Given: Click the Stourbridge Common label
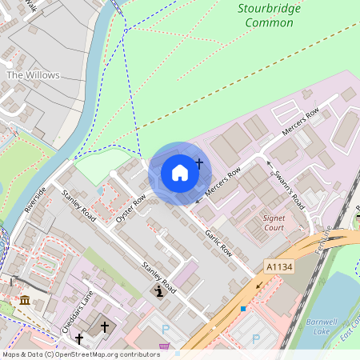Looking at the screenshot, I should (266, 16).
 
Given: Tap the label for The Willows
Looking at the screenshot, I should (33, 75).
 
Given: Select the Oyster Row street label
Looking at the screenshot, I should (130, 206).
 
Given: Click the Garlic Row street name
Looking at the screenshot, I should (218, 240).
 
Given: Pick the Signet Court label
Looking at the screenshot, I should (274, 222).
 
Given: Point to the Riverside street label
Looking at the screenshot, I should (35, 198).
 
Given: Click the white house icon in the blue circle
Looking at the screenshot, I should (180, 171).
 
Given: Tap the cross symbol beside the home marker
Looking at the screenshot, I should (199, 163).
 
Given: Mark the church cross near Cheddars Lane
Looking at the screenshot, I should (105, 327).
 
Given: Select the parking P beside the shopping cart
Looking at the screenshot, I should (166, 330).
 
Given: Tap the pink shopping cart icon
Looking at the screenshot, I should (165, 346).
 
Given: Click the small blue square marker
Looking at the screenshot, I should (243, 308).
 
